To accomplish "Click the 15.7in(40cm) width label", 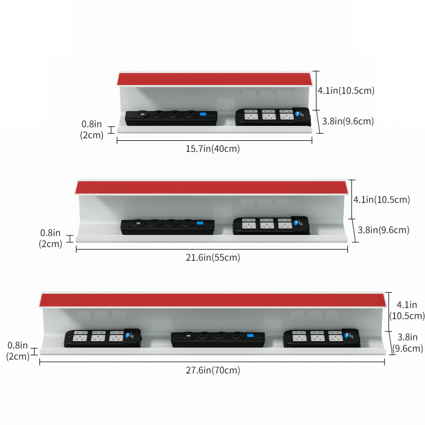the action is point(213,149).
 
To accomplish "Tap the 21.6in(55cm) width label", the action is point(213,258).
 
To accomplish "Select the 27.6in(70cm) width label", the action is point(213,370).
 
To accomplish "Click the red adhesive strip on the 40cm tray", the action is point(215,79).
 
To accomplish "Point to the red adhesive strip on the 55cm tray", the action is point(211,188).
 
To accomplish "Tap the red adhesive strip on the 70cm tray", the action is point(213,300).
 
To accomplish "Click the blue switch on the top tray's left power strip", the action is point(203,114).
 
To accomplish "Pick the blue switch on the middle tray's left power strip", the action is point(200,223).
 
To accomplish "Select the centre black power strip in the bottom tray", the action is point(218,339).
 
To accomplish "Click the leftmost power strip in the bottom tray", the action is point(103,338).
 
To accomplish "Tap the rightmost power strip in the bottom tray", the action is point(322,338).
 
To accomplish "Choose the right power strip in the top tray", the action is point(273,117).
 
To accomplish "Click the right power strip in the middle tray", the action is point(271,225).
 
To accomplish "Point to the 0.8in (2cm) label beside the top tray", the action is point(92,130).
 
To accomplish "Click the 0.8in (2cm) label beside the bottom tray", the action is point(18,351).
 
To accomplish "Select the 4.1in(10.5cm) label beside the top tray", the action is point(346,90).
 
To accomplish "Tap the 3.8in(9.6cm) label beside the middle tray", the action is point(384,230).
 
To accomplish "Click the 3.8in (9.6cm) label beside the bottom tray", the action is point(407,343).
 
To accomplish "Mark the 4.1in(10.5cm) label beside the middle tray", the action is point(381,200).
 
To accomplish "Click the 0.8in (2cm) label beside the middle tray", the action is point(50,238).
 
